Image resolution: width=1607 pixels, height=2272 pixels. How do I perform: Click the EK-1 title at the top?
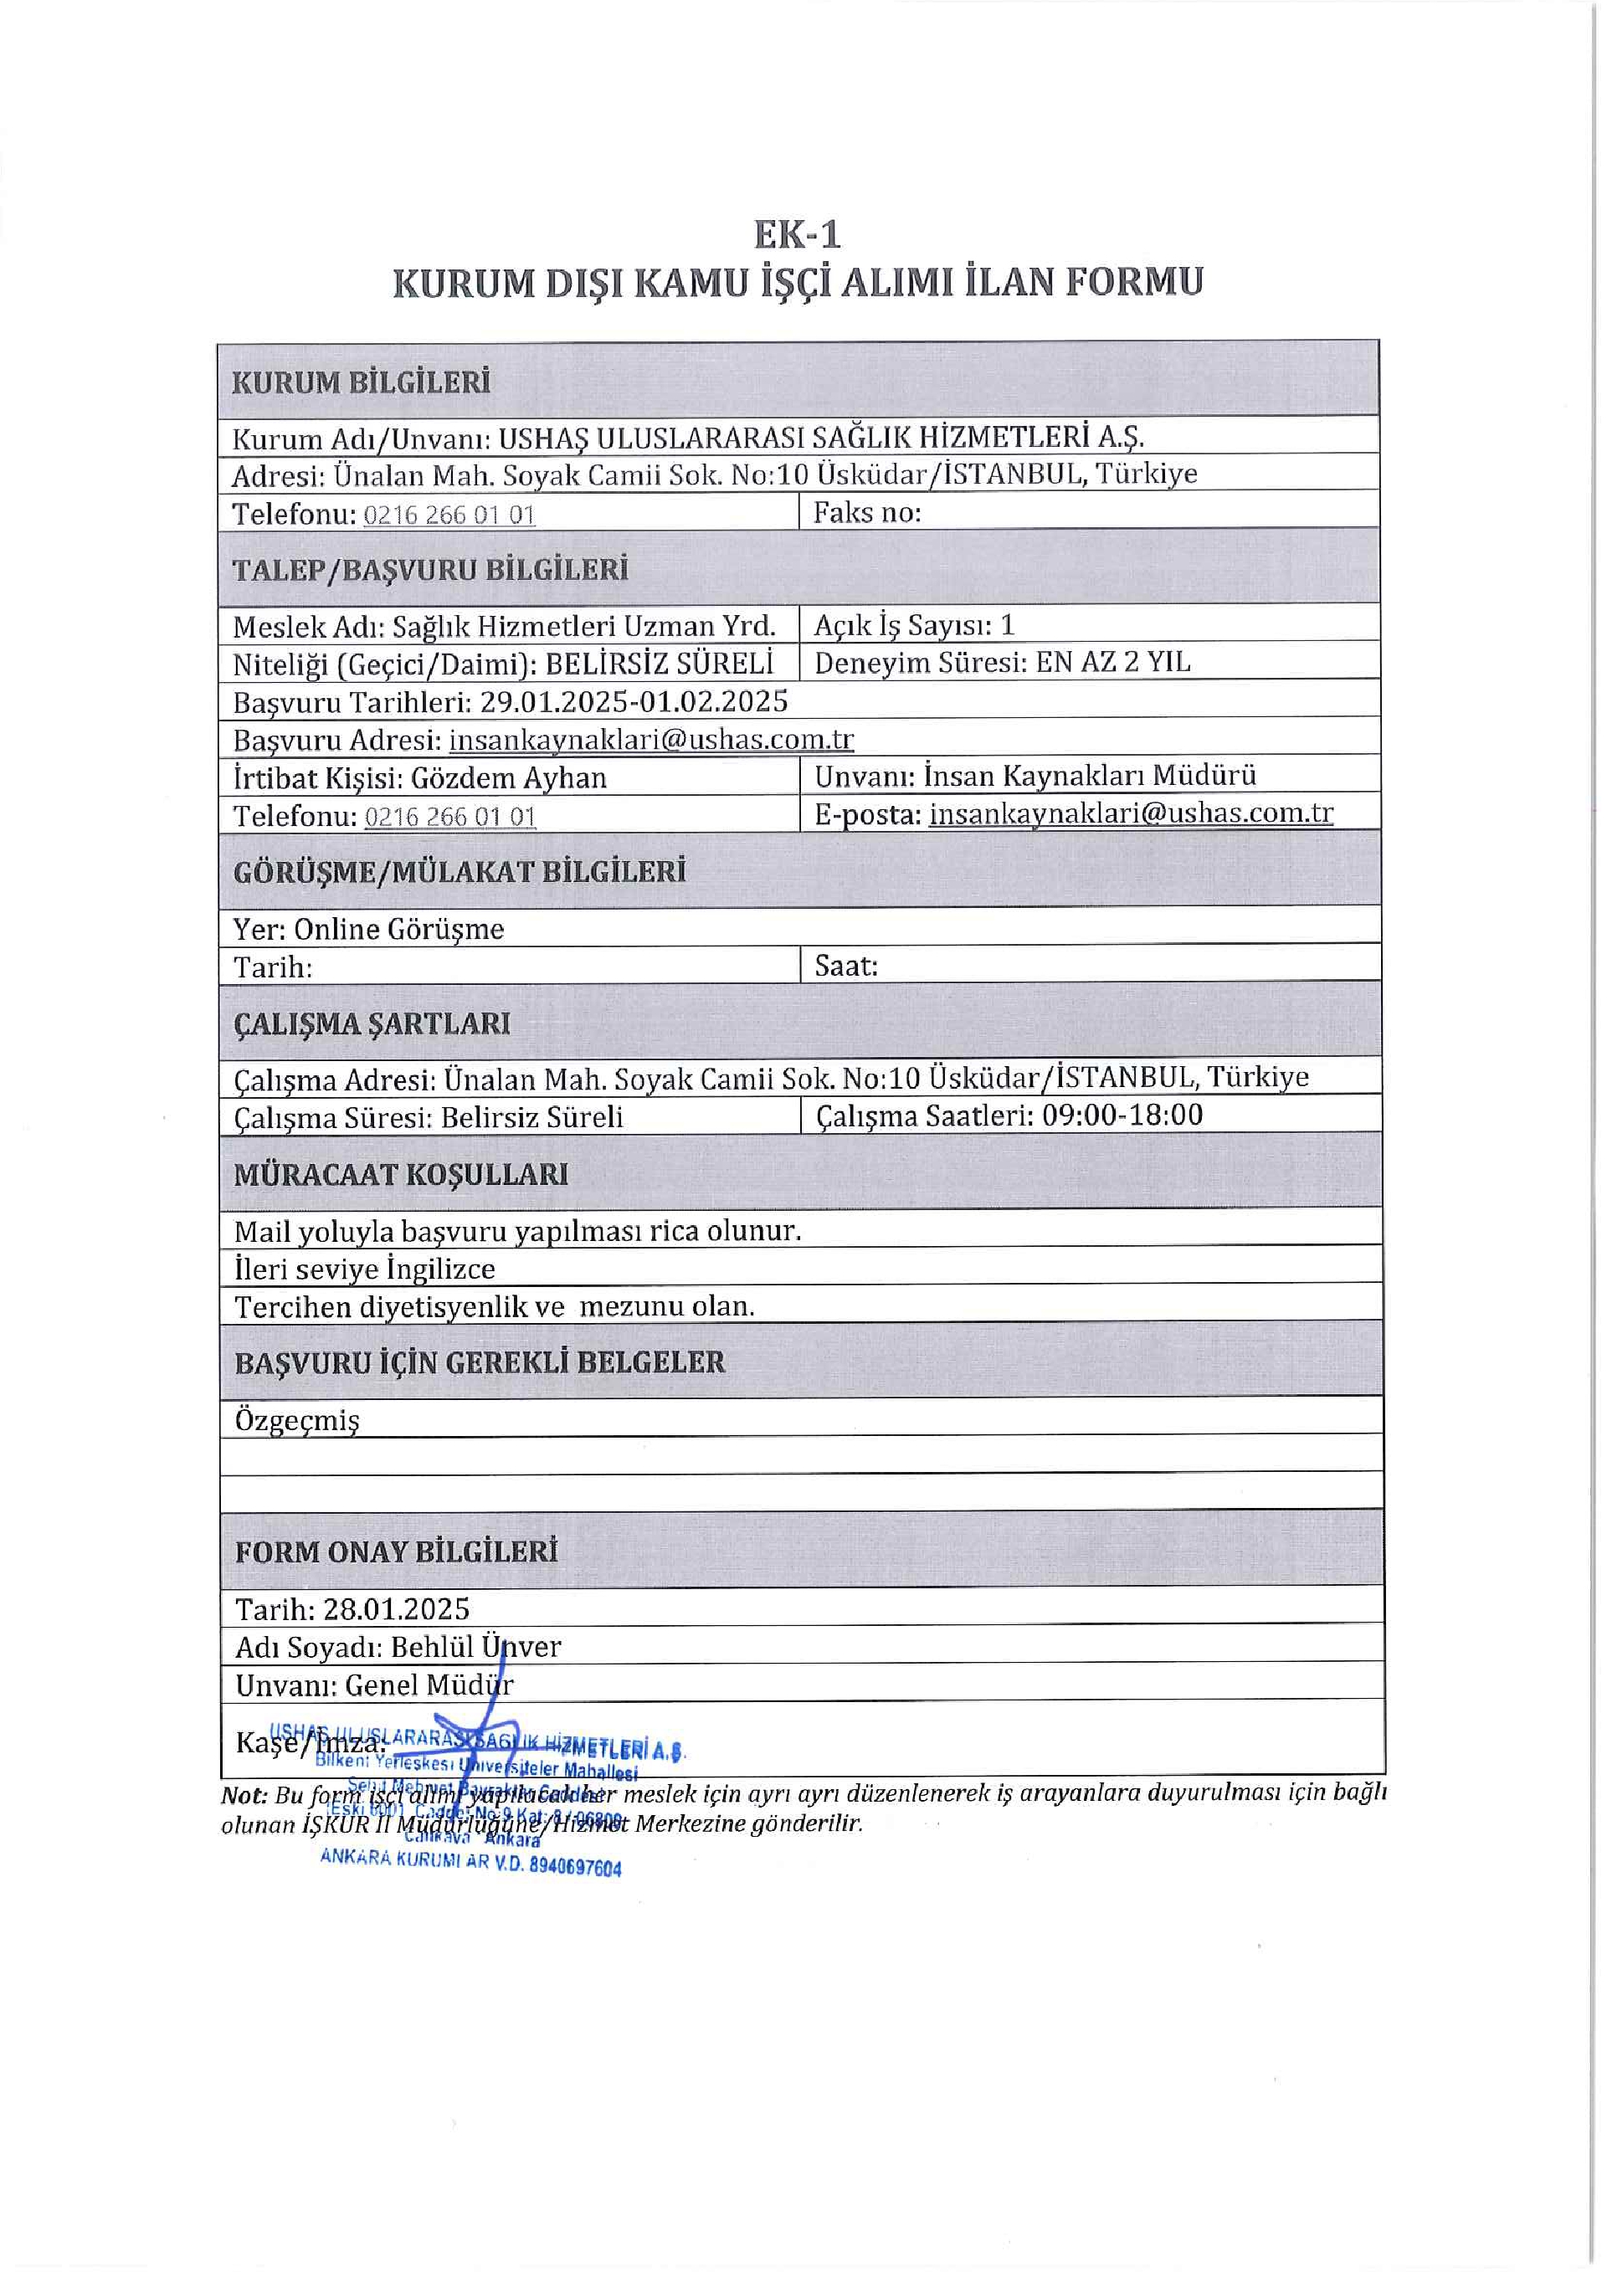click(797, 235)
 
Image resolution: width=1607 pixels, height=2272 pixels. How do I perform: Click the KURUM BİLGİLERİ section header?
click(362, 383)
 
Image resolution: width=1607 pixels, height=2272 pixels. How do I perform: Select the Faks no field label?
click(867, 513)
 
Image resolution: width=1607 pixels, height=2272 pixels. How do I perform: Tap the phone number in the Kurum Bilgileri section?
click(449, 515)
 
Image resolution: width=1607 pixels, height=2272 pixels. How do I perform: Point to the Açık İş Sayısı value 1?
click(1008, 625)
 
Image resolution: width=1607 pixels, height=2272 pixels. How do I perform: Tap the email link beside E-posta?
click(1131, 813)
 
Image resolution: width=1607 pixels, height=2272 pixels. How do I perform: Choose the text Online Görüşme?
click(398, 929)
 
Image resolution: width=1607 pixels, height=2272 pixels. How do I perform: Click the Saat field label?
click(846, 966)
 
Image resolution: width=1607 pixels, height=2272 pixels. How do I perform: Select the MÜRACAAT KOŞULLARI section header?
click(401, 1175)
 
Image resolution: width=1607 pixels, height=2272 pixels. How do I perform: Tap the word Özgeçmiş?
click(297, 1421)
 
